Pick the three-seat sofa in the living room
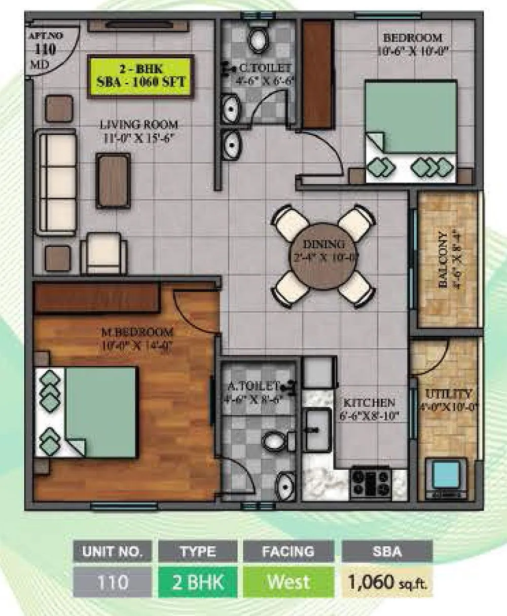click(x=56, y=182)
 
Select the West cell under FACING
click(x=288, y=582)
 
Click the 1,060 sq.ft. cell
click(x=388, y=582)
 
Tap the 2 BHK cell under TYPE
click(x=198, y=582)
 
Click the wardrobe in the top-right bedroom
click(x=317, y=74)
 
